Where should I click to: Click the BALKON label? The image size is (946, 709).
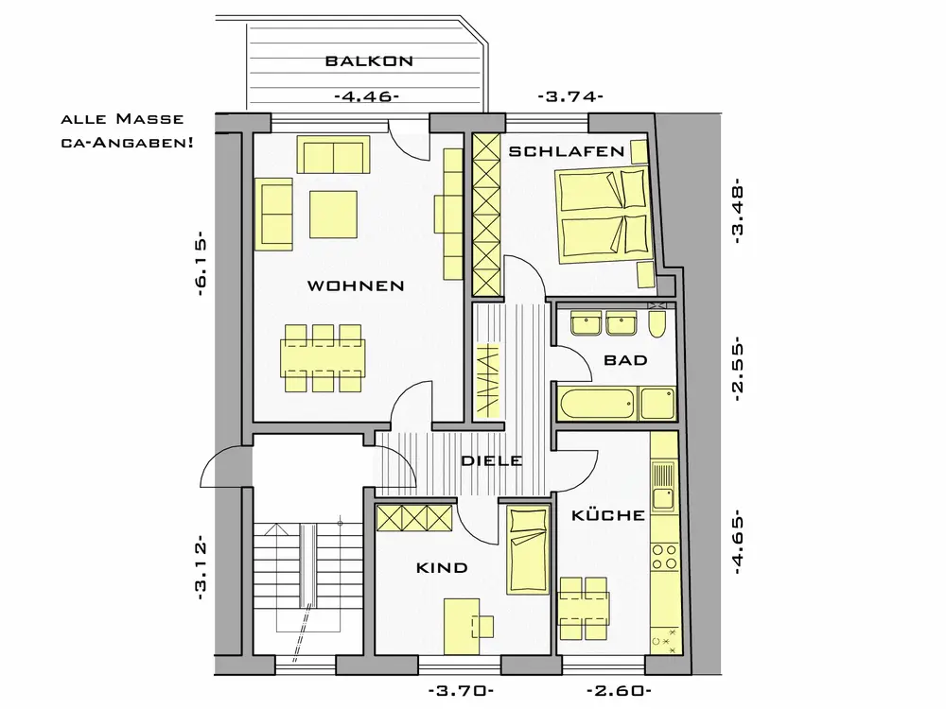click(x=369, y=61)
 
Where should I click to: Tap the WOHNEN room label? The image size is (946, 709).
click(x=356, y=285)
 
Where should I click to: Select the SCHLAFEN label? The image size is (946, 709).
click(x=566, y=151)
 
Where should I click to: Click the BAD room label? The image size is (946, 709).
click(x=625, y=360)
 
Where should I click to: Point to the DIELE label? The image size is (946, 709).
click(x=492, y=461)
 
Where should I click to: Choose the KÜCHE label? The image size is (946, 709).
click(x=608, y=515)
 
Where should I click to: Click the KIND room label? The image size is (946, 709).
click(x=442, y=568)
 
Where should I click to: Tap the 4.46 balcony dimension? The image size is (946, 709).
click(x=366, y=96)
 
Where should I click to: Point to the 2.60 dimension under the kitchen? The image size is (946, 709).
click(x=619, y=691)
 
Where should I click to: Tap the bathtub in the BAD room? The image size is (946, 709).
click(x=597, y=404)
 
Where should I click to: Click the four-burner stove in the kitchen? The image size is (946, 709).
click(x=665, y=557)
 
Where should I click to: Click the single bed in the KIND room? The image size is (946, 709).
click(x=528, y=550)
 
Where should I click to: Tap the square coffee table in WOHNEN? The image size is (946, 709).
click(x=333, y=215)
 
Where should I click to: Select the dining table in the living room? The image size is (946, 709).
click(x=323, y=357)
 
